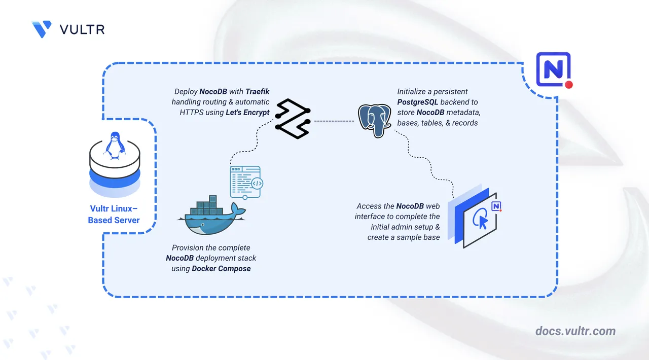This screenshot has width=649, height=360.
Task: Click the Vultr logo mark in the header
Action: point(41,29)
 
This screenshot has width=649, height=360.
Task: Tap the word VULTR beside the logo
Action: point(82,29)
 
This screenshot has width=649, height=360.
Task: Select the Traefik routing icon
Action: point(292,120)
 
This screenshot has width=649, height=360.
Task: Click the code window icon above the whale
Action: point(246,182)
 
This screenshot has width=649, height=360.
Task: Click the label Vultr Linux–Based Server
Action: point(114,214)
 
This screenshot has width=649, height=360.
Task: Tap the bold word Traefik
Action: point(258,92)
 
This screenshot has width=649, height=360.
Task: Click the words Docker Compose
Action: point(221,268)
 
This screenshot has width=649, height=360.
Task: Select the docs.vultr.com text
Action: point(575,331)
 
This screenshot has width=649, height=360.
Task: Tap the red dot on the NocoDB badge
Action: point(568,85)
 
